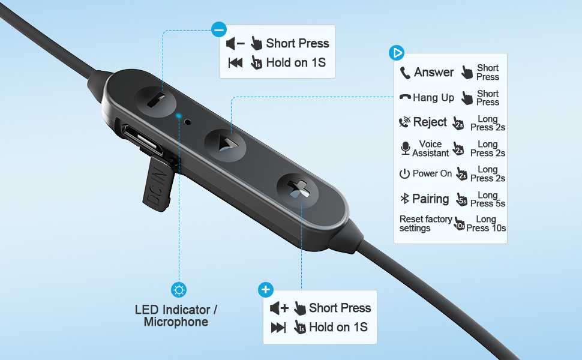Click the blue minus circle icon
click(x=219, y=29)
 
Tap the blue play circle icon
click(x=397, y=53)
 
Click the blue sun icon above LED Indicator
click(x=178, y=290)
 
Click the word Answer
click(x=434, y=73)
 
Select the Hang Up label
click(x=433, y=98)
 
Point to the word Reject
click(x=430, y=122)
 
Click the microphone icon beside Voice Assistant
click(x=406, y=148)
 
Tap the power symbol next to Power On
click(x=404, y=174)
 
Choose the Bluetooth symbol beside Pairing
click(x=405, y=199)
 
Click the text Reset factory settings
click(x=425, y=224)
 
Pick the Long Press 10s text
click(x=486, y=224)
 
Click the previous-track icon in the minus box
click(x=236, y=62)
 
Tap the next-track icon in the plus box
click(x=278, y=328)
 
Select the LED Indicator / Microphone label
click(x=176, y=316)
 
